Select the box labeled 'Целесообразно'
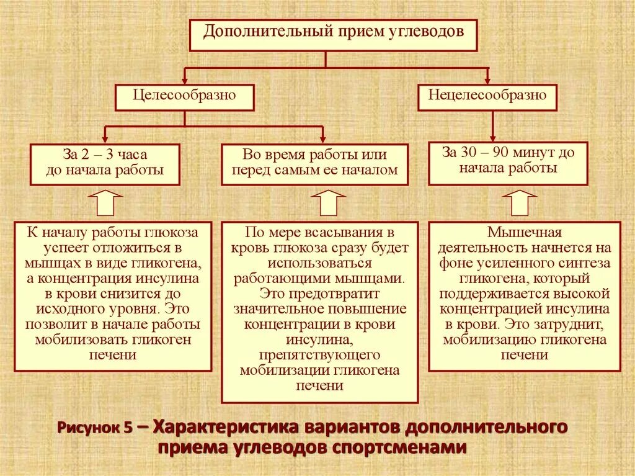click(185, 97)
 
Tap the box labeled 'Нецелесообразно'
click(487, 97)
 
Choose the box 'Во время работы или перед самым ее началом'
click(315, 164)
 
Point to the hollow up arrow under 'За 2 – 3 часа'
click(105, 202)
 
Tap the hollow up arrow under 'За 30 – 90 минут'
click(519, 202)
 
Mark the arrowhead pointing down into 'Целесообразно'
click(184, 79)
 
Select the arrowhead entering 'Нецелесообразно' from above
click(487, 79)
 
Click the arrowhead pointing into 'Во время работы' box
click(322, 138)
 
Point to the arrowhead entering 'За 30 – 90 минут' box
click(493, 137)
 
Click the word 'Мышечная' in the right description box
click(524, 233)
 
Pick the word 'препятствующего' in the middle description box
click(320, 355)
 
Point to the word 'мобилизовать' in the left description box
click(73, 339)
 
